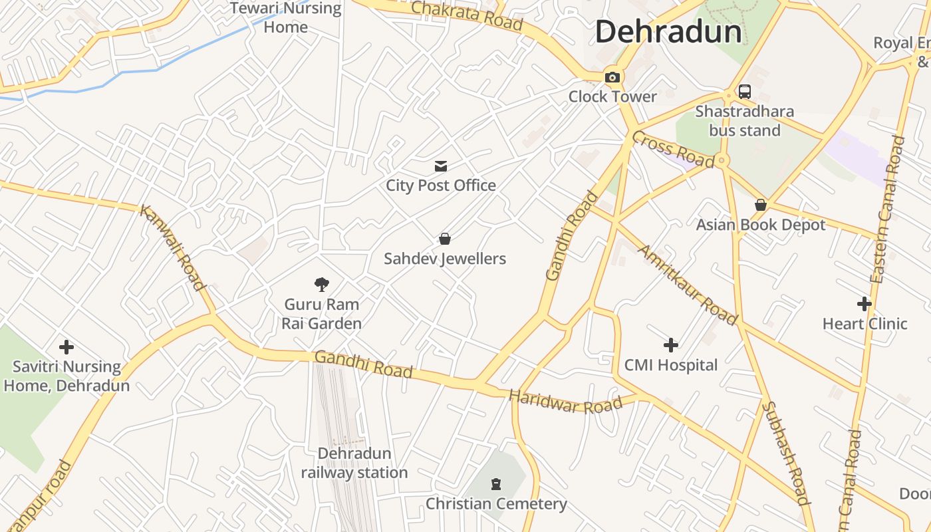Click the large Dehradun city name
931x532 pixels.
pyautogui.click(x=668, y=32)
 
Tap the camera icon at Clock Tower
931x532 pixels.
pyautogui.click(x=612, y=77)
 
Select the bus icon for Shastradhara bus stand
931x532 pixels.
pyautogui.click(x=744, y=92)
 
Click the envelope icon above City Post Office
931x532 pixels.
pyautogui.click(x=440, y=166)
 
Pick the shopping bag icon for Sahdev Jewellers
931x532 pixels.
pyautogui.click(x=445, y=239)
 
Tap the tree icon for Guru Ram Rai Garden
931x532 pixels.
pyautogui.click(x=322, y=285)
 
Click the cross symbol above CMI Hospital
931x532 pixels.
pyautogui.click(x=671, y=345)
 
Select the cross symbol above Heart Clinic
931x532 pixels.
pyautogui.click(x=864, y=304)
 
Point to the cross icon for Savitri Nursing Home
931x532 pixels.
pyautogui.click(x=66, y=346)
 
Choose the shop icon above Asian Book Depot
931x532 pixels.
pyautogui.click(x=760, y=205)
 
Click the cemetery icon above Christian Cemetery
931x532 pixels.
pyautogui.click(x=496, y=483)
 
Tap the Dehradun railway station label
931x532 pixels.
pyautogui.click(x=354, y=463)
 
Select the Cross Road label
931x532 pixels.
pyautogui.click(x=672, y=149)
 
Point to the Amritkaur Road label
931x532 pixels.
pyautogui.click(x=688, y=285)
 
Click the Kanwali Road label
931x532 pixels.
pyautogui.click(x=172, y=247)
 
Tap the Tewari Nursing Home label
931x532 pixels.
pyautogui.click(x=285, y=18)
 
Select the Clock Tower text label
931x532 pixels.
pyautogui.click(x=612, y=97)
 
